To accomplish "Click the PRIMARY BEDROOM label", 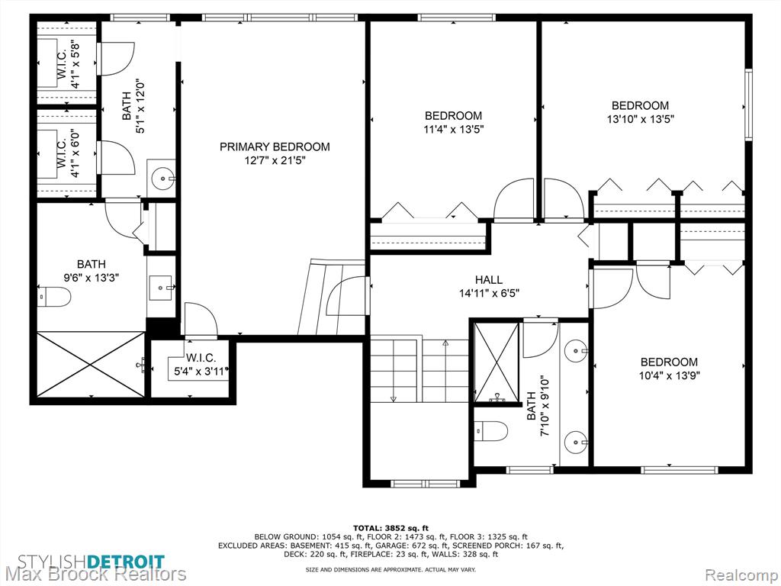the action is click(x=275, y=146).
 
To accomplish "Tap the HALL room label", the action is click(x=489, y=279).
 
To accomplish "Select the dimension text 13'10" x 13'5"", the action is click(x=640, y=119).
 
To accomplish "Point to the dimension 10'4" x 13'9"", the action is click(x=669, y=375).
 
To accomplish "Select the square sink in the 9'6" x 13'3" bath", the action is click(x=160, y=288).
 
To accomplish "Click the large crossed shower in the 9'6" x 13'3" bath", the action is click(x=90, y=365).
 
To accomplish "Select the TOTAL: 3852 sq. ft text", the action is click(x=390, y=528).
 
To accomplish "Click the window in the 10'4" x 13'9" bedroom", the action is click(x=680, y=470).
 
